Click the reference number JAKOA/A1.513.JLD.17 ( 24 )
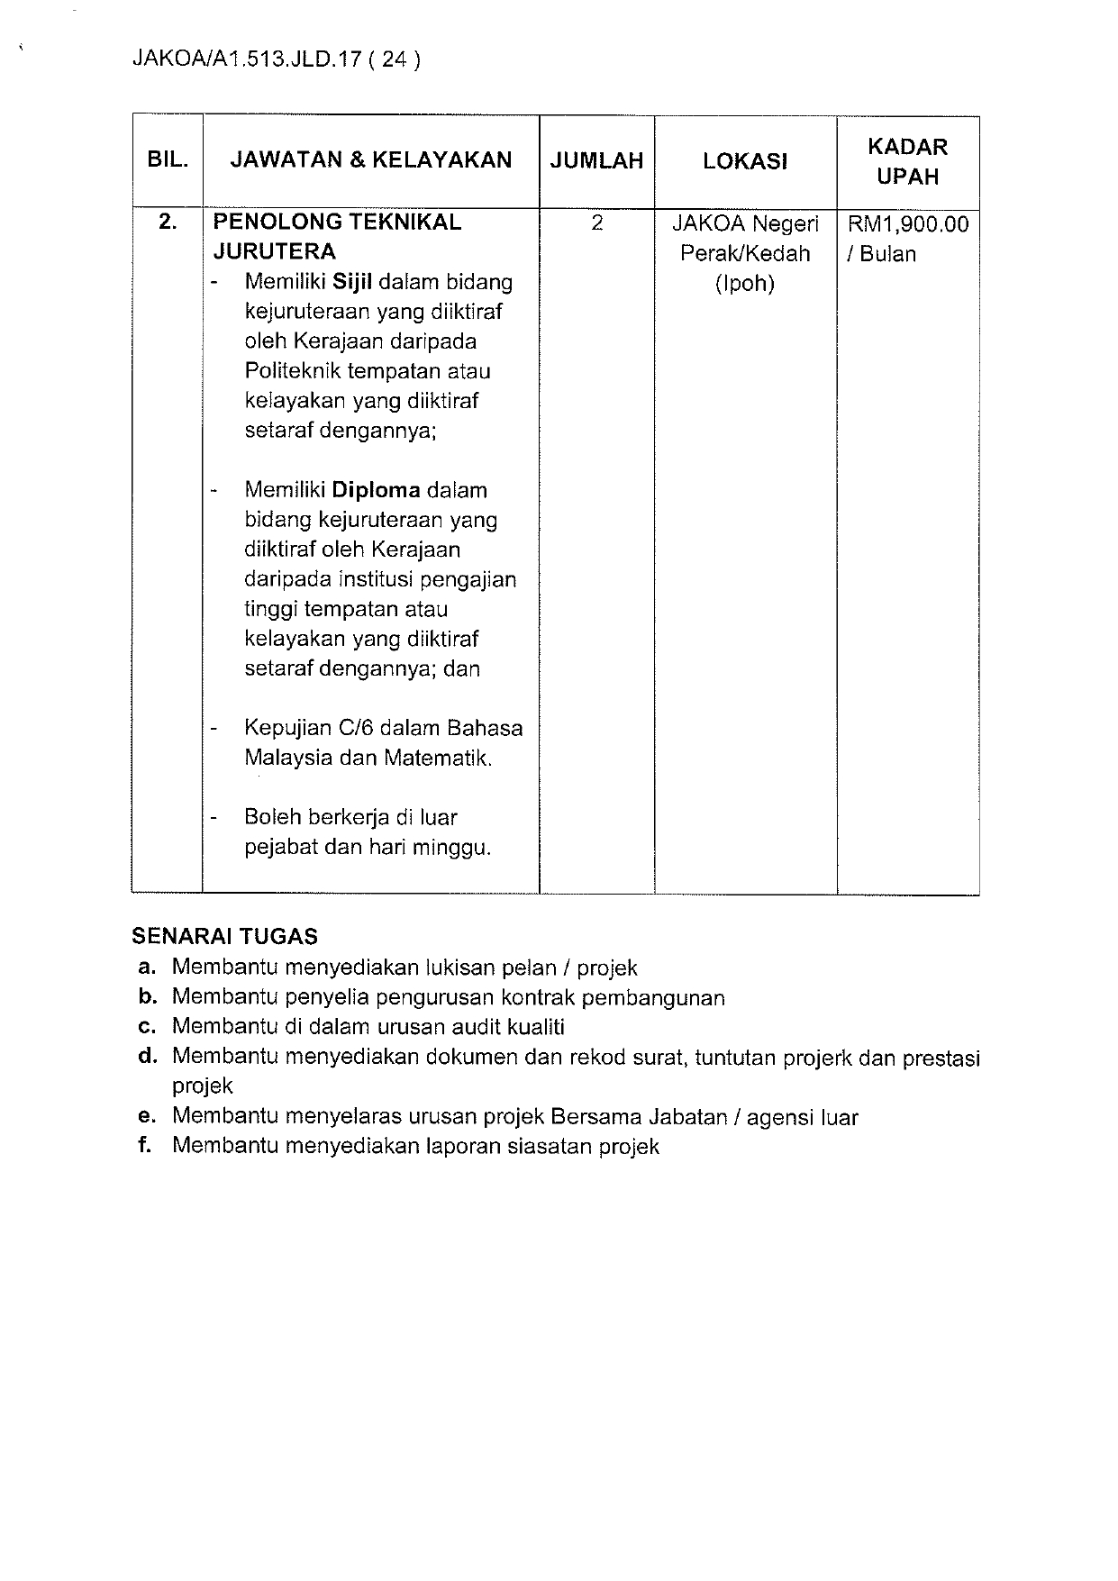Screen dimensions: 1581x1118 click(276, 59)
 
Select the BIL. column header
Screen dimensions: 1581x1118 click(168, 160)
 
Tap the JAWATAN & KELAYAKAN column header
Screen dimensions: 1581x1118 click(371, 160)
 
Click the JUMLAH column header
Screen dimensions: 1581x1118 click(597, 160)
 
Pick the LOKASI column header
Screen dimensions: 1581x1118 click(745, 161)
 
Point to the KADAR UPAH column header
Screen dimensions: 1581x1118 click(907, 161)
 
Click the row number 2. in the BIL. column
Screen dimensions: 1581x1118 click(168, 222)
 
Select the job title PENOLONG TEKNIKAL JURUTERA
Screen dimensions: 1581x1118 click(337, 236)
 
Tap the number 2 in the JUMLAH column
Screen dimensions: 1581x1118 click(597, 223)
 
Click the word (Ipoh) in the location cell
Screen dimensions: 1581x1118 click(745, 284)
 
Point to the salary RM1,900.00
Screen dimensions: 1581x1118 click(908, 223)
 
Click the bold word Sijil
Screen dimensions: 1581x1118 click(352, 282)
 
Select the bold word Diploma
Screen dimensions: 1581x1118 click(376, 490)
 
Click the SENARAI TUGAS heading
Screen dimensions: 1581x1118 click(224, 936)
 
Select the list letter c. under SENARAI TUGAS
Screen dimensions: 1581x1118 click(149, 1026)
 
